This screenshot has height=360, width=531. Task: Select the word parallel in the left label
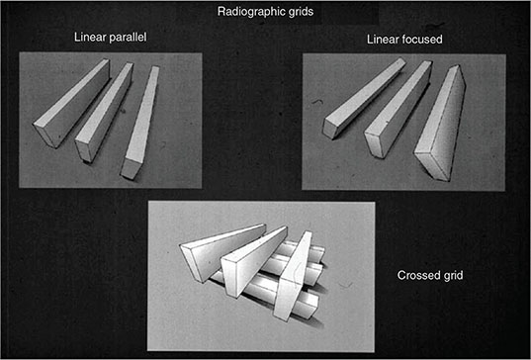[x=128, y=37]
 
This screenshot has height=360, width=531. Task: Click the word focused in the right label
[x=422, y=40]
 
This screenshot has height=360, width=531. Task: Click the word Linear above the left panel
[x=90, y=37]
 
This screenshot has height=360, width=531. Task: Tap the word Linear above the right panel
[x=384, y=40]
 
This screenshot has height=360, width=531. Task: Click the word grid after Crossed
[x=453, y=275]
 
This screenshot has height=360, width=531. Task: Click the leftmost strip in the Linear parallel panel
[x=71, y=103]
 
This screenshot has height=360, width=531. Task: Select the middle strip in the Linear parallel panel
[x=104, y=112]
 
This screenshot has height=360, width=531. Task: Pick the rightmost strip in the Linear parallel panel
[x=140, y=122]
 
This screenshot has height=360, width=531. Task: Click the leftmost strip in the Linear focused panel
[x=364, y=98]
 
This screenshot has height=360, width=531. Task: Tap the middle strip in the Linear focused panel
[x=398, y=109]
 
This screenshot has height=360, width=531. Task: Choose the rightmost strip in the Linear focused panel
[x=440, y=123]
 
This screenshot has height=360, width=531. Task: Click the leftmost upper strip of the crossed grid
[x=222, y=252]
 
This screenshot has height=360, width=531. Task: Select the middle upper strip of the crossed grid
[x=254, y=262]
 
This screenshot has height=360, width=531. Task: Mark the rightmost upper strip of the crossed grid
[x=293, y=276]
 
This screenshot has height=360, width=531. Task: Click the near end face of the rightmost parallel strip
[x=131, y=168]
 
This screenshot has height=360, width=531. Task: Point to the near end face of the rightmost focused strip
[x=432, y=166]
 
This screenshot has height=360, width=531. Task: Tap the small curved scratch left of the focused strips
[x=317, y=101]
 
